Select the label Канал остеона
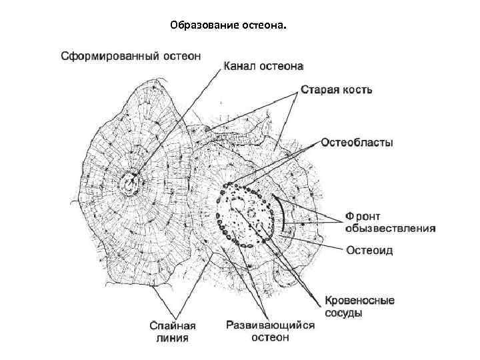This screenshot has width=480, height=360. click(264, 67)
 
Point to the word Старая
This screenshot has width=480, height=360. click(320, 89)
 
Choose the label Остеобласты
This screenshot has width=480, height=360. click(357, 142)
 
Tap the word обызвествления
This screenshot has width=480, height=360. click(390, 227)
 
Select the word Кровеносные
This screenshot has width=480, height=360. click(359, 301)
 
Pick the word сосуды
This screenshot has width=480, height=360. click(345, 312)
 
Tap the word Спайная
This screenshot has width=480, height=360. click(171, 325)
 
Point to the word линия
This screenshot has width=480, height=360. click(171, 337)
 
